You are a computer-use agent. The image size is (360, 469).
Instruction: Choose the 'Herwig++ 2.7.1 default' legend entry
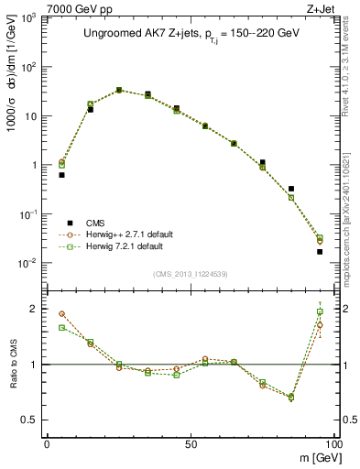[x=126, y=235]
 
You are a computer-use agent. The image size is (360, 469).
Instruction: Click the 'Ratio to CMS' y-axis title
[x=13, y=364]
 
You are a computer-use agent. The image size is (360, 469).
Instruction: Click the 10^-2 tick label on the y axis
[x=27, y=264]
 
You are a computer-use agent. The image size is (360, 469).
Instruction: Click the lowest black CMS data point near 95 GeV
[x=320, y=252]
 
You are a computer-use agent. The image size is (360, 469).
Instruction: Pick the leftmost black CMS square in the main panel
[x=61, y=175]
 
